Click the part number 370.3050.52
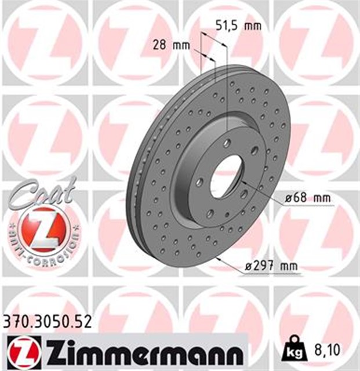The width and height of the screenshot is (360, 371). pyautogui.click(x=47, y=322)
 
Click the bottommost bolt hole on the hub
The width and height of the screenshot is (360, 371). pyautogui.click(x=210, y=213)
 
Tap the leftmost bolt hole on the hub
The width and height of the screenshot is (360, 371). pyautogui.click(x=199, y=183)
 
